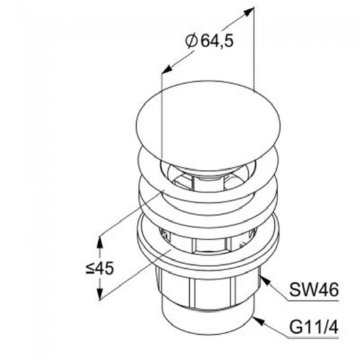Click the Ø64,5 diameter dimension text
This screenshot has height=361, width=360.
(x=209, y=41)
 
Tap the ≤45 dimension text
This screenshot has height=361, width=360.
(x=99, y=268)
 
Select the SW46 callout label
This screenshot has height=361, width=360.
(x=314, y=290)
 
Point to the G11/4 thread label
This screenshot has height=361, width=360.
(x=314, y=327)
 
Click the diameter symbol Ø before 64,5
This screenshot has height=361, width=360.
(x=191, y=41)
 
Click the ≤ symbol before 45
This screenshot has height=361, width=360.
(x=90, y=269)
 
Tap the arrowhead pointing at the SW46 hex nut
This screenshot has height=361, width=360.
(x=265, y=281)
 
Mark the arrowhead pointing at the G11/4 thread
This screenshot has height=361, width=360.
(x=258, y=320)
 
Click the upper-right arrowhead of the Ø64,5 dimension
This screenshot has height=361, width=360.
(x=248, y=12)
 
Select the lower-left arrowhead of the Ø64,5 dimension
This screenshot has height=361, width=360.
(x=167, y=69)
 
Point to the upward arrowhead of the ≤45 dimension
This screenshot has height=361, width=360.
(x=99, y=242)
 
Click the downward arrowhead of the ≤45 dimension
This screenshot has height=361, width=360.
(x=99, y=294)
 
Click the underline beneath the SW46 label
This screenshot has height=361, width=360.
(x=314, y=300)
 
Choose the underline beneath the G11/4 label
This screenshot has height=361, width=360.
(x=314, y=338)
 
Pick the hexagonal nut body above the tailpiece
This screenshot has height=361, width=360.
(x=207, y=291)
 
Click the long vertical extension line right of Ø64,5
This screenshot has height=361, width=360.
(x=254, y=48)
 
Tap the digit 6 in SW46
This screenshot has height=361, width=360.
(x=333, y=290)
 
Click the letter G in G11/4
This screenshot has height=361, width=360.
(x=295, y=327)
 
